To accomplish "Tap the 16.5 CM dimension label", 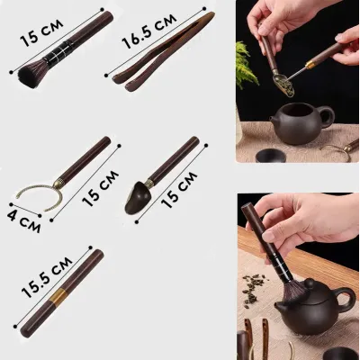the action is coord(149,31).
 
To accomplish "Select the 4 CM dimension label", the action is coord(23,221).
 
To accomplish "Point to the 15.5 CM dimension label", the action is coord(47,277).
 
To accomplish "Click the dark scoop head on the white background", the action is coord(135,197).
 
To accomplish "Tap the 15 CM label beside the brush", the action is coord(41,33).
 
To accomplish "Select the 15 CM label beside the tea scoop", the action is coord(179,190).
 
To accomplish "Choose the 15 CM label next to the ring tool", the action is coord(100,188).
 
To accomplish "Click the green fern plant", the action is coord(246,65).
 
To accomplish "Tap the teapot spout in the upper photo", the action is coord(274,120).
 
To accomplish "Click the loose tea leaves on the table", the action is coord(253,289).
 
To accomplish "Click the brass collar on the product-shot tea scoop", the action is coord(149,183).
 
